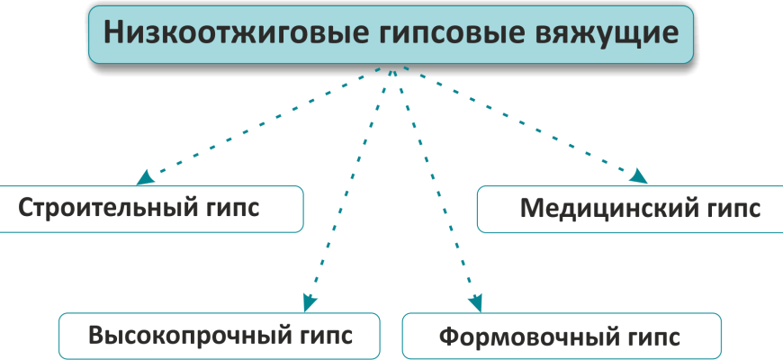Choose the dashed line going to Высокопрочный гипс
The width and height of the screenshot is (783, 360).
point(351,184)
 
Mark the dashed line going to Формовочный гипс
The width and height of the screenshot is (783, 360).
point(436,184)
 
